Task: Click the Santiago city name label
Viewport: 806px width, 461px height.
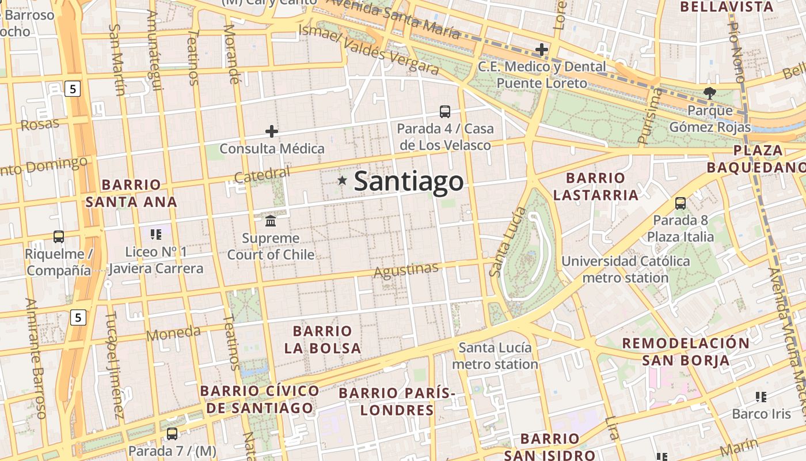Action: pyautogui.click(x=408, y=181)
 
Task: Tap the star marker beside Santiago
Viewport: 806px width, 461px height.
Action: pyautogui.click(x=343, y=181)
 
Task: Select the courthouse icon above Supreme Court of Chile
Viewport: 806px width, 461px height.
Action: pyautogui.click(x=271, y=221)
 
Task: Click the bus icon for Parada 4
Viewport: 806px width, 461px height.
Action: pyautogui.click(x=444, y=112)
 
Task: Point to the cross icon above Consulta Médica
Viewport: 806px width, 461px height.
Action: pyautogui.click(x=272, y=131)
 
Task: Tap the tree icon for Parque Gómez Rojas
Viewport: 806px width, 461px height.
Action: pyautogui.click(x=710, y=93)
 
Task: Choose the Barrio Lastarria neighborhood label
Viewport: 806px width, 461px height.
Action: pyautogui.click(x=596, y=186)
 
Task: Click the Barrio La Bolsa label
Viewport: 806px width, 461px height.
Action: pyautogui.click(x=322, y=339)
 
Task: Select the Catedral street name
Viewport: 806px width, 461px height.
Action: pyautogui.click(x=262, y=174)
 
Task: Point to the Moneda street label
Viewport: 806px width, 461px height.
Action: pyautogui.click(x=173, y=334)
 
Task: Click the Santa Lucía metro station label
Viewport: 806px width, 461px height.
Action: pyautogui.click(x=495, y=356)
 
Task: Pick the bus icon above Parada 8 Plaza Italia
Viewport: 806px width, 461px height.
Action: pyautogui.click(x=680, y=203)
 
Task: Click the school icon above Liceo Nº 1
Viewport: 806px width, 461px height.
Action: pyautogui.click(x=156, y=234)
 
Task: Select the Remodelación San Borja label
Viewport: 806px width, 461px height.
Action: pyautogui.click(x=686, y=352)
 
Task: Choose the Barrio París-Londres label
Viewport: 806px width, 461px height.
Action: pyautogui.click(x=397, y=402)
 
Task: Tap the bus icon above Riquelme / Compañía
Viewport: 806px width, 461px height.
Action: pyautogui.click(x=59, y=236)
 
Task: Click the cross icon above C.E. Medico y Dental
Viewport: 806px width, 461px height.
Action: pyautogui.click(x=541, y=50)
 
